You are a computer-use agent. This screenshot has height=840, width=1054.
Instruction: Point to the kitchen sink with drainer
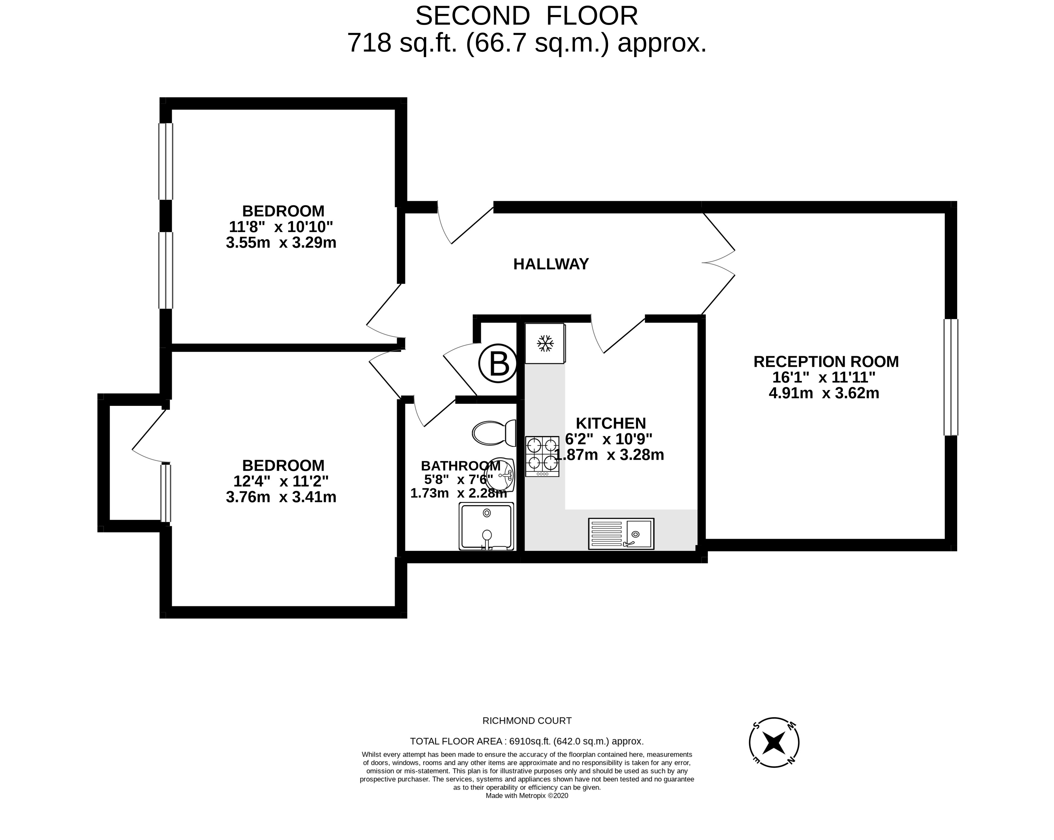click(x=621, y=533)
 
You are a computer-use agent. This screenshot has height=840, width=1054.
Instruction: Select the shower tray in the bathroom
click(x=486, y=526)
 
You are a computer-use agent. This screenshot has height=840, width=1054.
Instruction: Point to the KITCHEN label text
click(x=611, y=423)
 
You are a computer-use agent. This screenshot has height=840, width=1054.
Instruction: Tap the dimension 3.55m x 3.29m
click(x=281, y=243)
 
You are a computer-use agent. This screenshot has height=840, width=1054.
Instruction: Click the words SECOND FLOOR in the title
click(x=527, y=16)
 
